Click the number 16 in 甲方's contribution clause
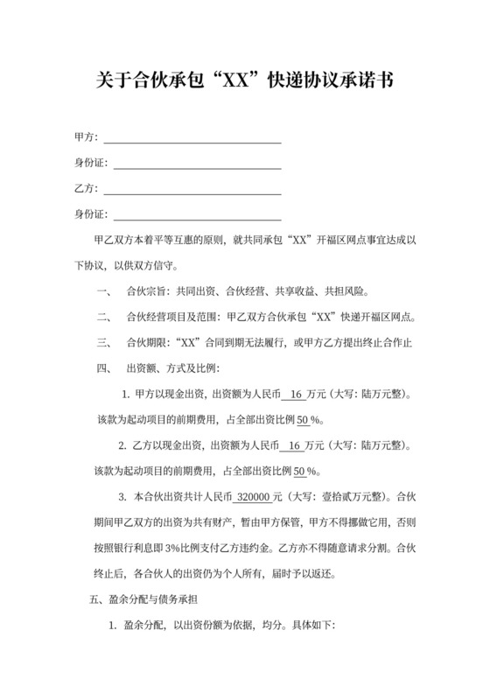pos(294,395)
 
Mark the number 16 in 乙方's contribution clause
pos(294,446)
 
